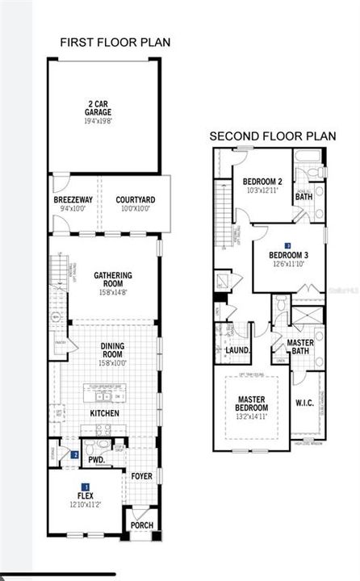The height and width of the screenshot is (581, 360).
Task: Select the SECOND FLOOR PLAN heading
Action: (x=272, y=136)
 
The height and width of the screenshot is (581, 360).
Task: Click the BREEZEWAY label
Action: (x=71, y=199)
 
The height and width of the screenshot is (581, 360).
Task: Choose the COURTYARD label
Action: (x=134, y=199)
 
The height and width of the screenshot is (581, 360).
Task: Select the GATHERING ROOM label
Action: (x=113, y=279)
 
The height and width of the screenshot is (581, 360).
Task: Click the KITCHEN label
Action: (x=105, y=413)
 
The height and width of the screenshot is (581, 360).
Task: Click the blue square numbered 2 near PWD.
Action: (x=74, y=455)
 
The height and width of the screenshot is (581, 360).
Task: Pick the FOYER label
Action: (x=141, y=476)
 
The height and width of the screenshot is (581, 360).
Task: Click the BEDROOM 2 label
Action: (x=262, y=182)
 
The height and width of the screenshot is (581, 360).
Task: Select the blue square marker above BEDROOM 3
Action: (x=287, y=245)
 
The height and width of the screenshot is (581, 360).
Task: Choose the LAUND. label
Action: (x=237, y=351)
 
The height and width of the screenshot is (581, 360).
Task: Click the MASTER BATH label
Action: (x=300, y=347)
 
